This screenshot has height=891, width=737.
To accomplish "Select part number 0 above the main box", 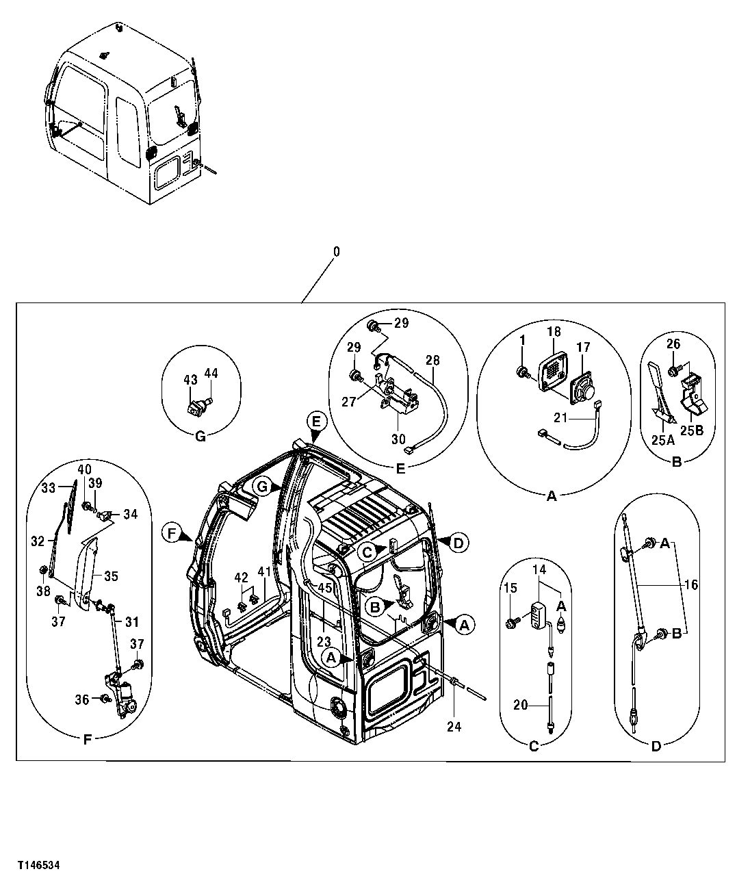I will (336, 252).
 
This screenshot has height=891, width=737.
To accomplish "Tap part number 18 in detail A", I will (554, 331).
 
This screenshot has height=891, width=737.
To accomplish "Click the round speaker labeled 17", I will (583, 390).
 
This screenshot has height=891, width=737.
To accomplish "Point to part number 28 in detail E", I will (432, 361).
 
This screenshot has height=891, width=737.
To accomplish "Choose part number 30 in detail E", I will (398, 439).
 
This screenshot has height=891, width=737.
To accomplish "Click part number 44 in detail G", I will (211, 373).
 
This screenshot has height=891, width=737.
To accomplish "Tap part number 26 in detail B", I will (674, 344).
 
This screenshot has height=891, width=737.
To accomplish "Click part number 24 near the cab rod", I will (454, 727).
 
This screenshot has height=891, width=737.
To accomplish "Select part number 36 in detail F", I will (82, 699).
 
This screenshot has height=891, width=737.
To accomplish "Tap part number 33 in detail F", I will (48, 488).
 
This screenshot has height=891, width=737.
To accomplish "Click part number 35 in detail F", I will (111, 576).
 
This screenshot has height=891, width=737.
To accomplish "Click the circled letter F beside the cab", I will (171, 532).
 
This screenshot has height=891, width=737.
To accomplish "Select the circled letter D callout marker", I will (458, 543).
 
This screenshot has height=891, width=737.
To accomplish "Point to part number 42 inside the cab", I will (240, 578).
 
